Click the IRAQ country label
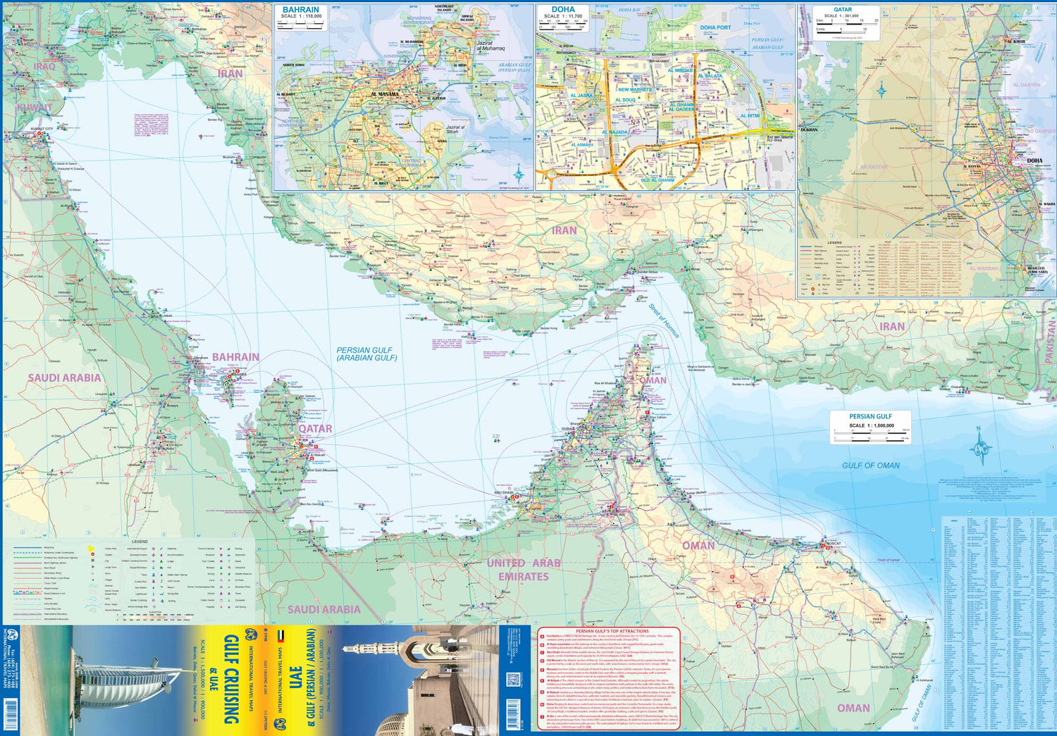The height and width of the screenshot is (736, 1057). tap(44, 66)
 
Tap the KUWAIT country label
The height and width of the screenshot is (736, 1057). tap(35, 108)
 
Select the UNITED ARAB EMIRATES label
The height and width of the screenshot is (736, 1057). tap(524, 570)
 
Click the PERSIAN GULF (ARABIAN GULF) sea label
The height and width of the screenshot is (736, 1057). tap(366, 354)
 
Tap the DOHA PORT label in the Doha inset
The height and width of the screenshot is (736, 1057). tap(715, 28)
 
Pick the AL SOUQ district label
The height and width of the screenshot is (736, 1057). tap(625, 100)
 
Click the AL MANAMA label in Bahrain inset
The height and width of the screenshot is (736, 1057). tap(385, 94)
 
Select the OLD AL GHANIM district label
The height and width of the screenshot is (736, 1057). tap(657, 180)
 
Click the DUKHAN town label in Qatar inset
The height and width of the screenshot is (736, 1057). tap(809, 130)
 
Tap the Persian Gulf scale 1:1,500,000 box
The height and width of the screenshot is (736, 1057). tap(870, 426)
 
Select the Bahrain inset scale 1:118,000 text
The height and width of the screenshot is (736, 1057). tap(301, 16)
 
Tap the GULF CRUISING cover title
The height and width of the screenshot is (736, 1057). tap(230, 680)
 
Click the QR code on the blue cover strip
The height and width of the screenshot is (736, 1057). tap(513, 680)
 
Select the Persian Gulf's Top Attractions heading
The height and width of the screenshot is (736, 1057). tap(612, 631)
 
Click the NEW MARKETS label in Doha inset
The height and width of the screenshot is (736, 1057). tap(634, 90)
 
